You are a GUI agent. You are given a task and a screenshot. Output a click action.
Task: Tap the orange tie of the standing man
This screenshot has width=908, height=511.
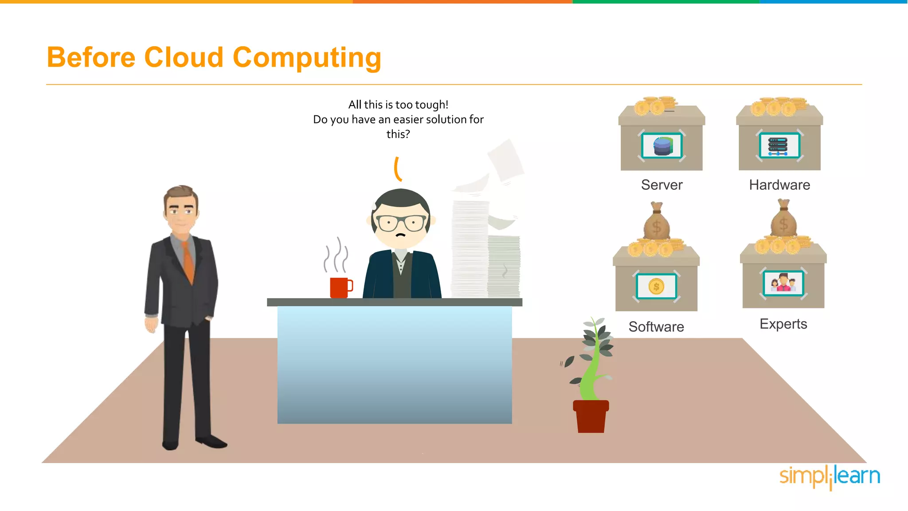click(188, 262)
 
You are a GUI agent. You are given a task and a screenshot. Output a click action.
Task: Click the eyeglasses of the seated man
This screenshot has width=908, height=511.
click(401, 222)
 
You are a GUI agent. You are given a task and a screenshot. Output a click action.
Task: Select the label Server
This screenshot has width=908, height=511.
click(661, 185)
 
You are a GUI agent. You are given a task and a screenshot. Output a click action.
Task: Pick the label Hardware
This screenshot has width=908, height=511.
click(779, 185)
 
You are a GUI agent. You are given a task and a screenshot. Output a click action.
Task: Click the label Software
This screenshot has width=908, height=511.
click(656, 327)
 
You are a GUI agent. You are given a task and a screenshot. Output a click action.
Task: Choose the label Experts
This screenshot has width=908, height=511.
click(783, 324)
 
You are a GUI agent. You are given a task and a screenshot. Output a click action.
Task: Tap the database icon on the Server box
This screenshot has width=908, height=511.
click(662, 145)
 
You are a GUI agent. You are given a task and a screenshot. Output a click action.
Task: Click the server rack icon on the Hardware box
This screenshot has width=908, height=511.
click(779, 145)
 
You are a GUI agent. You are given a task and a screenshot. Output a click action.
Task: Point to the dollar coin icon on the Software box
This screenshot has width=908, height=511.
click(656, 287)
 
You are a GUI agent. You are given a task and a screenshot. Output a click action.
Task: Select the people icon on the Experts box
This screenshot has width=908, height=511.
click(783, 283)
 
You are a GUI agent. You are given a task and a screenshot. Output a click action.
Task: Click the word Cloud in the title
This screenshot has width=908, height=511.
click(184, 58)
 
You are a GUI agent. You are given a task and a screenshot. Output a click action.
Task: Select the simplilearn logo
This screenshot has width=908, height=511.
click(830, 477)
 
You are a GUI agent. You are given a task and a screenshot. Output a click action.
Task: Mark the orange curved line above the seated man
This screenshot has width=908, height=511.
click(398, 169)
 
